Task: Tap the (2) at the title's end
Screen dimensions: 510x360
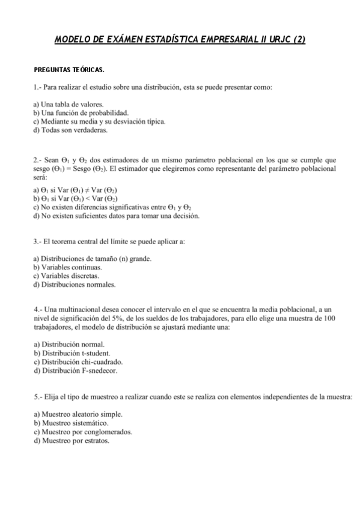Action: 299,40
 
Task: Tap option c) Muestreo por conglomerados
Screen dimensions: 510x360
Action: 83,432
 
